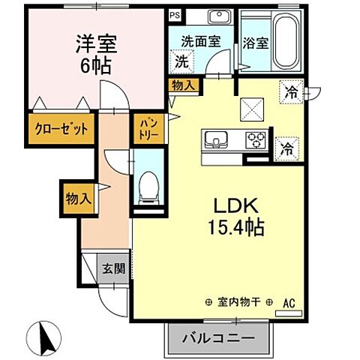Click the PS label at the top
tap(175, 14)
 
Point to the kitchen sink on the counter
tap(215, 140)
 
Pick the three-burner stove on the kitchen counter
tap(256, 140)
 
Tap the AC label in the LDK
tap(289, 304)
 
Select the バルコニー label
tap(217, 339)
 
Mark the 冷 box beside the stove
tap(286, 148)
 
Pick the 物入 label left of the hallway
tap(78, 199)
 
